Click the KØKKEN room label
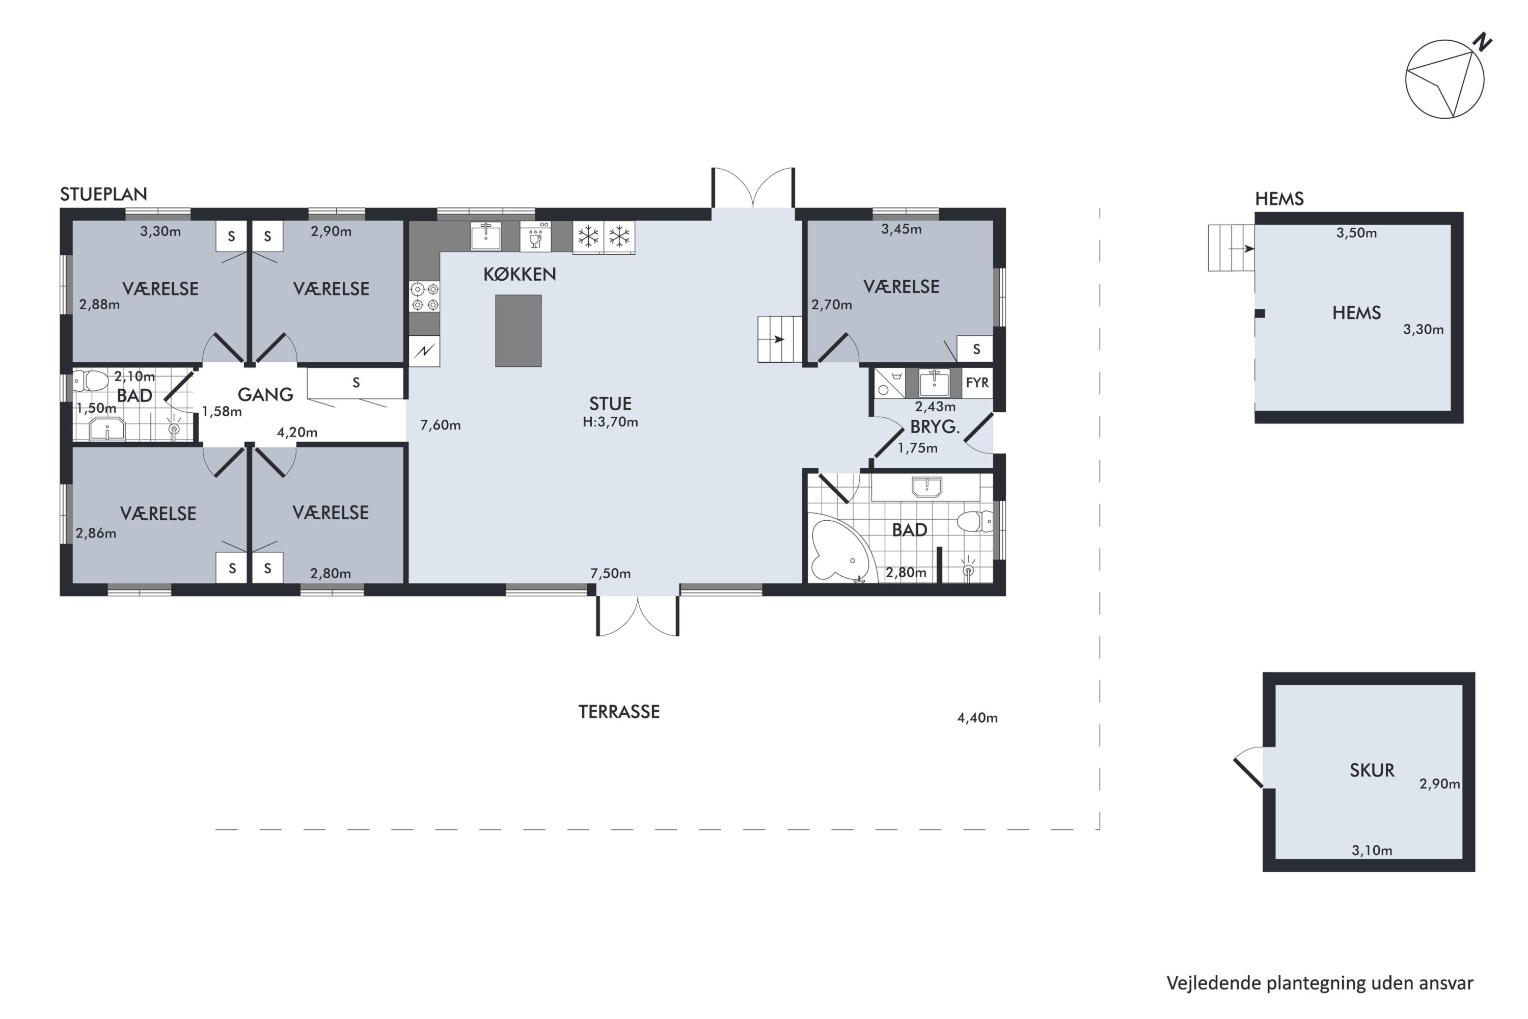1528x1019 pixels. (x=520, y=274)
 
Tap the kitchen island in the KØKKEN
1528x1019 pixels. (x=519, y=331)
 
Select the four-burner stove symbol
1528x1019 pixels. (x=424, y=297)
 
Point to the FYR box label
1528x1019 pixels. (x=977, y=383)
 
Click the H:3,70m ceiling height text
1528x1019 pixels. (x=610, y=422)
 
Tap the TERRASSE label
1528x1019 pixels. (x=619, y=712)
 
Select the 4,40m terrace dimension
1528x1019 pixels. (x=977, y=718)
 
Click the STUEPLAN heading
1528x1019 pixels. (x=103, y=194)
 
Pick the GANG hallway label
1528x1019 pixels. (x=265, y=394)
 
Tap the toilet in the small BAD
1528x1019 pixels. (x=90, y=381)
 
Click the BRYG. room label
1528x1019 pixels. (x=935, y=427)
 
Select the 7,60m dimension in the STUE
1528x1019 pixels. (x=441, y=425)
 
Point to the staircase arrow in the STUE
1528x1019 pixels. (x=778, y=339)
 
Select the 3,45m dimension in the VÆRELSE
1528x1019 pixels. (x=901, y=229)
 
